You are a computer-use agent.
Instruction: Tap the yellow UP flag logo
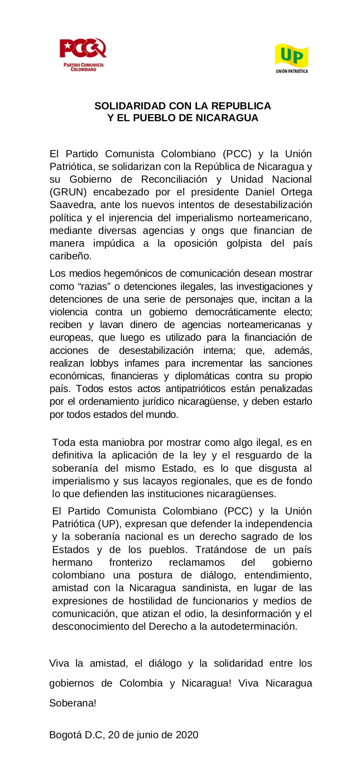tap(291, 56)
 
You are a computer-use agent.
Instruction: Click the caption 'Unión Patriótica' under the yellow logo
tap(292, 71)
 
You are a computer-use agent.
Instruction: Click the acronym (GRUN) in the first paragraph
tap(68, 192)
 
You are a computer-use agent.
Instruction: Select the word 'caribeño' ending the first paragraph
tap(70, 256)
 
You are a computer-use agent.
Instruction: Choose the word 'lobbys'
tap(104, 363)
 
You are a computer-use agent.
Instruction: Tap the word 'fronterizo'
tap(130, 562)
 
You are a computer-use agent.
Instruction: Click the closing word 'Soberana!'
tap(73, 703)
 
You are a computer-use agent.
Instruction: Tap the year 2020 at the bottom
tap(187, 735)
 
